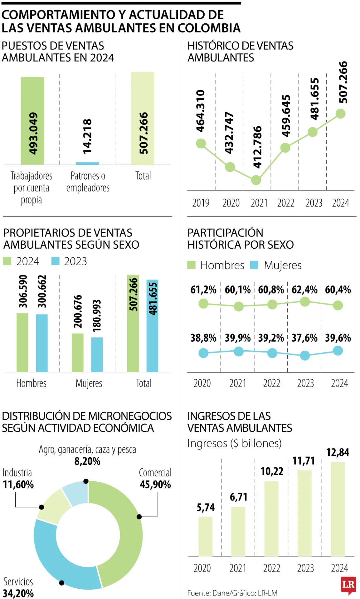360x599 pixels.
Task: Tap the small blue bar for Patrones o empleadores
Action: (x=87, y=163)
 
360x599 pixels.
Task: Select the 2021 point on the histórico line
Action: (x=256, y=180)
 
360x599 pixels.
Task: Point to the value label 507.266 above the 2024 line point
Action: (x=343, y=82)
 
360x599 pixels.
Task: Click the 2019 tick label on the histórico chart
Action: (x=201, y=203)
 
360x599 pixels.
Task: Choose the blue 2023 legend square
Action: (x=55, y=261)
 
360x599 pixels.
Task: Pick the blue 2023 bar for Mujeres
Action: (x=97, y=354)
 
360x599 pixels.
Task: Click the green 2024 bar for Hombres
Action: (x=22, y=342)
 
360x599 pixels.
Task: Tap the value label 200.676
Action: (x=78, y=311)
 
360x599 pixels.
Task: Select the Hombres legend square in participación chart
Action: (x=191, y=265)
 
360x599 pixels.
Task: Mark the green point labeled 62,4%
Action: (x=305, y=302)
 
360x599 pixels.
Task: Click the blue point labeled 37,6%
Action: (x=305, y=355)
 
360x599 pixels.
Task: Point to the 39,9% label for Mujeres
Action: (x=238, y=338)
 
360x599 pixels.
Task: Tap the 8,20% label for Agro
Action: (x=87, y=461)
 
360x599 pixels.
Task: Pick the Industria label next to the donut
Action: (x=17, y=473)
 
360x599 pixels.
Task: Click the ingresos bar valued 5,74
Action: (x=205, y=536)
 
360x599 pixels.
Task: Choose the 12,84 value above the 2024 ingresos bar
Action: (x=338, y=452)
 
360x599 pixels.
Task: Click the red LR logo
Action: (x=348, y=585)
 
